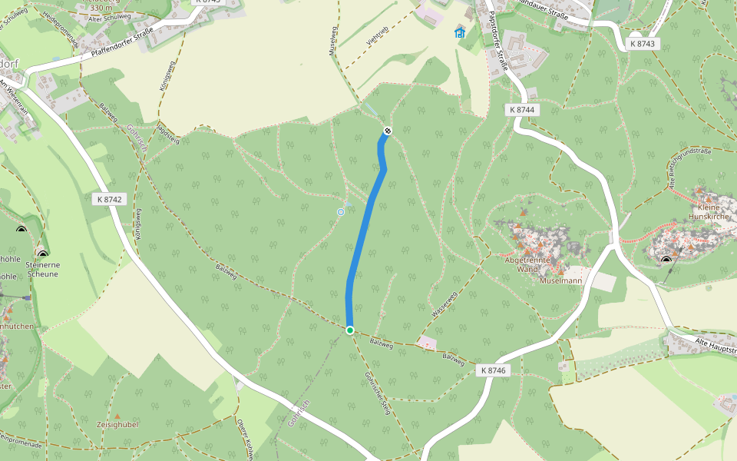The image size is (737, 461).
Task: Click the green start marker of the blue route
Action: tap(349, 330)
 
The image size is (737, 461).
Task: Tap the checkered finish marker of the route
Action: tap(388, 131)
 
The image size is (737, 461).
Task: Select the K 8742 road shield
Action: tap(109, 199)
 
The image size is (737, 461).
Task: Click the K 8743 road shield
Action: tap(642, 44)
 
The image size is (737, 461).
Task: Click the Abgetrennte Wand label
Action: tap(527, 264)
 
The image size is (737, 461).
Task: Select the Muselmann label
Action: tap(560, 281)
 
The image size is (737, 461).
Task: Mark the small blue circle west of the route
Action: tap(341, 211)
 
